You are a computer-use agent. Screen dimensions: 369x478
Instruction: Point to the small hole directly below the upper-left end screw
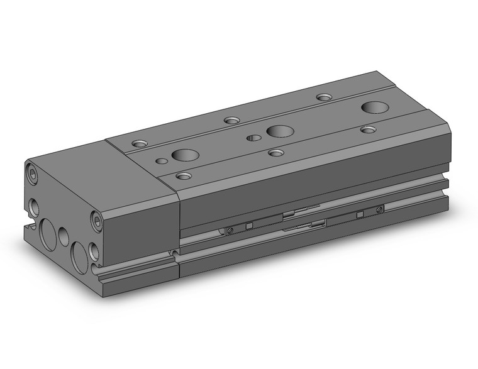point(32,206)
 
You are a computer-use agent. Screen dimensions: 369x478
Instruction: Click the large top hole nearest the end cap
point(184,156)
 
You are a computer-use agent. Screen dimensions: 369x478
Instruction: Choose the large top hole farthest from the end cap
point(375,107)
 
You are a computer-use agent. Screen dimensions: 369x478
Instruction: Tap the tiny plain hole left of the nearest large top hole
point(162,162)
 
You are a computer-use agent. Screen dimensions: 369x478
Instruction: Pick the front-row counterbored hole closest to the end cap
point(183,176)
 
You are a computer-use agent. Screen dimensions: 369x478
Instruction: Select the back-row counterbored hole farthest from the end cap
point(324,97)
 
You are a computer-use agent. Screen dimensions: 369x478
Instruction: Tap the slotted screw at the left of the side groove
point(231,229)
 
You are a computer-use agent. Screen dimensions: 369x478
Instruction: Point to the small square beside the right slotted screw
point(360,214)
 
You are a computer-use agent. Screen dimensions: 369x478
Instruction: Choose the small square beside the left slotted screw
point(249,226)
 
